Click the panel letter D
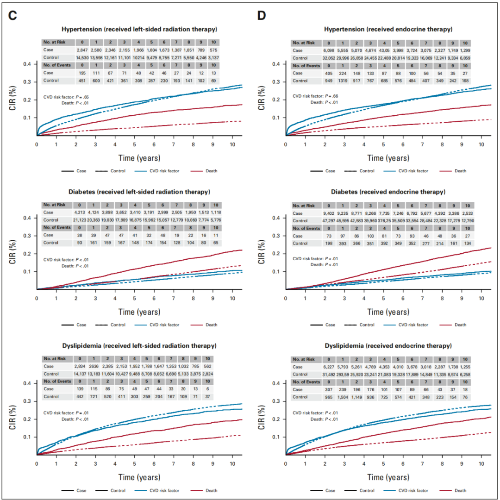click(x=262, y=15)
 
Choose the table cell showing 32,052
click(x=328, y=57)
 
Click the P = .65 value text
click(x=101, y=96)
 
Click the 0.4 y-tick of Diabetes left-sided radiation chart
click(x=29, y=218)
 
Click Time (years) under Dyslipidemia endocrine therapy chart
click(x=385, y=477)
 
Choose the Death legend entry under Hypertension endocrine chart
click(x=460, y=171)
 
